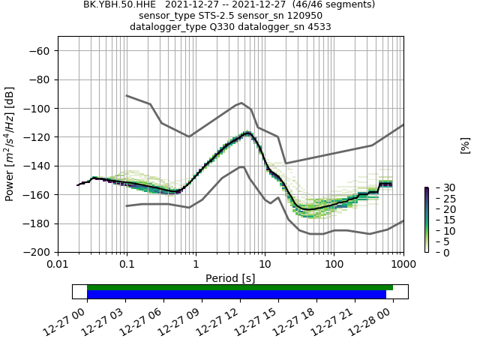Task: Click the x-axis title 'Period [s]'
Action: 230,278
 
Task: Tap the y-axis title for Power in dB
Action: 10,144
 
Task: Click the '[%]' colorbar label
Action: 465,145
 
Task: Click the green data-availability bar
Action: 240,287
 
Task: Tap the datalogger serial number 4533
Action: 319,26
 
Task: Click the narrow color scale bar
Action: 426,220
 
